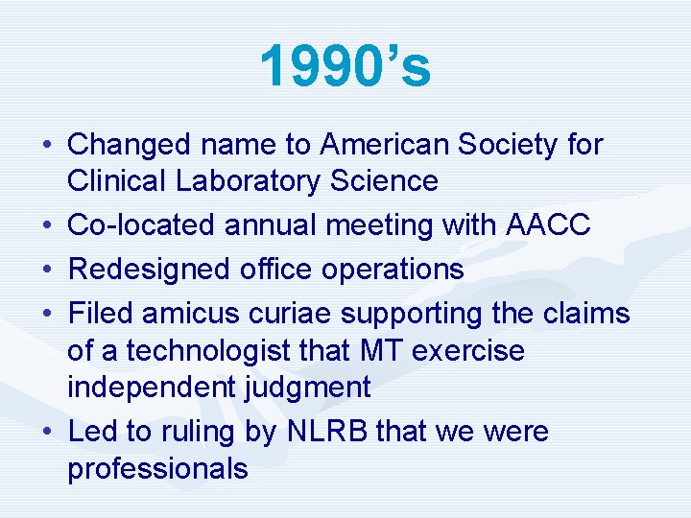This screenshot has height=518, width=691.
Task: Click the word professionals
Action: pos(157,468)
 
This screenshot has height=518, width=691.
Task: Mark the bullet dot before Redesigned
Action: pos(47,270)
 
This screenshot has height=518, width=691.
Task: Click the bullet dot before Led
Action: pos(47,432)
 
